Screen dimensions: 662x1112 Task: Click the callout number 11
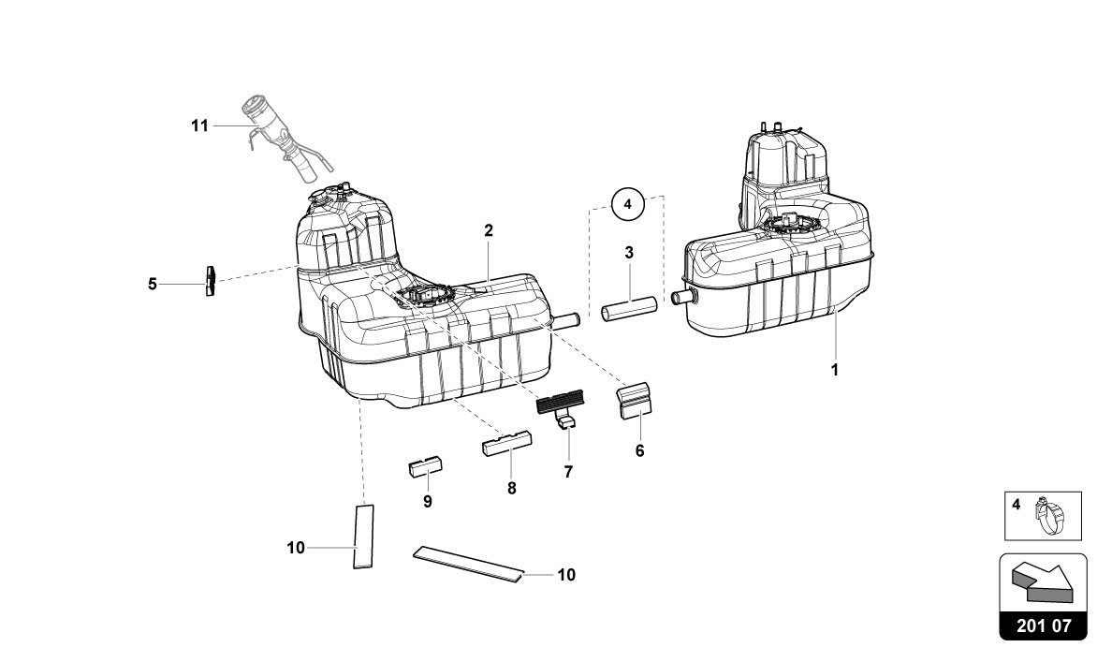[x=198, y=125]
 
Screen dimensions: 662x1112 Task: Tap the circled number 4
[x=628, y=202]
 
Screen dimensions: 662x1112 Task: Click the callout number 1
[x=834, y=369]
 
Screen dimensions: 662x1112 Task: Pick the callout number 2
[x=489, y=229]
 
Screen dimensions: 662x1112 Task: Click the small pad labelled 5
[x=211, y=280]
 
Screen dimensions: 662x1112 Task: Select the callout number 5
[x=152, y=282]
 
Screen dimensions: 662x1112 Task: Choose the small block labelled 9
[x=426, y=466]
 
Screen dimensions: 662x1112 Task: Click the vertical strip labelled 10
[x=362, y=535]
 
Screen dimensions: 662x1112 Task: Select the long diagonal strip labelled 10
[x=468, y=564]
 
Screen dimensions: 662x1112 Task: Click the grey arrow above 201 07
[x=1041, y=581]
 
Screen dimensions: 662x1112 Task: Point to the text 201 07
[x=1042, y=625]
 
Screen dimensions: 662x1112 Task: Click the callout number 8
[x=512, y=488]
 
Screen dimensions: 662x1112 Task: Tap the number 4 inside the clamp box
[x=1016, y=504]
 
